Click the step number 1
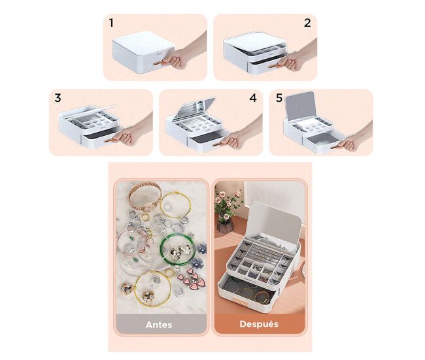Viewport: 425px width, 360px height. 111,23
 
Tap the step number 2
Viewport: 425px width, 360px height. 307,23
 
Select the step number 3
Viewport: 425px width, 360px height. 58,98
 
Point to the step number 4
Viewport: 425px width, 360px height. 253,98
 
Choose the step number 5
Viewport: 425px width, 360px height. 279,98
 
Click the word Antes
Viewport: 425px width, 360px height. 159,325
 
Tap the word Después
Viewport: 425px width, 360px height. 259,324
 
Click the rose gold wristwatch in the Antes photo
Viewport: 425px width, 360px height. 144,198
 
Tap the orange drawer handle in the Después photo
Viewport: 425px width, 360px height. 240,300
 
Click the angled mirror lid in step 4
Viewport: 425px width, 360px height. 194,109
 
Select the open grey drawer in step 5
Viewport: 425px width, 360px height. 323,140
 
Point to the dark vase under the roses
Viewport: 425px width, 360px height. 225,227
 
